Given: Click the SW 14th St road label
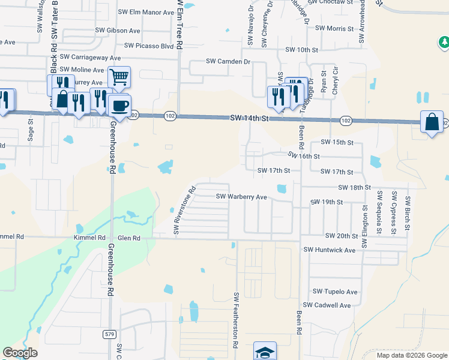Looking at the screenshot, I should pos(248,119).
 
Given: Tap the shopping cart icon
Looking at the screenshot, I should pos(119,76).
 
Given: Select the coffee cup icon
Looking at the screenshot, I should pos(120,106).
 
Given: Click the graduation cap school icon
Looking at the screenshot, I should pos(265,352).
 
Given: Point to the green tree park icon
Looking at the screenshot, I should pos(444,43).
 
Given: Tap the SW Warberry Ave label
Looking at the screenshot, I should pos(241,197).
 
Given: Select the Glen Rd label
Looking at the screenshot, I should pos(128,238).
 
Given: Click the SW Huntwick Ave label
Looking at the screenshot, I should pos(330,250).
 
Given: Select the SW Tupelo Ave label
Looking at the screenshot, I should pos(334,292).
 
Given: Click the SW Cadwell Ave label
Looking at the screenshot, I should pos(327,305).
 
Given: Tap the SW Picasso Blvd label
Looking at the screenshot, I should pos(149,46).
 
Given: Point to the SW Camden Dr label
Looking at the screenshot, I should pos(228,61).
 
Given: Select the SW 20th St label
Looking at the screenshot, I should pos(342,236).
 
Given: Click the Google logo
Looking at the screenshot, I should pos(20,353).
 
